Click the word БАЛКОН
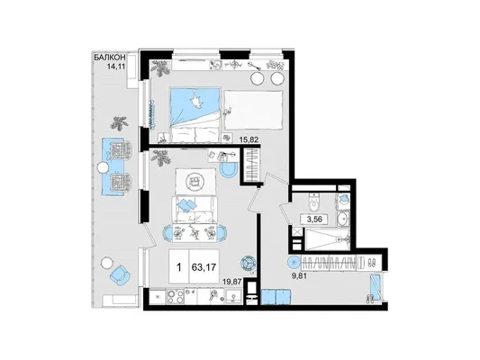tap(109, 58)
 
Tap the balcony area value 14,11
tap(116, 66)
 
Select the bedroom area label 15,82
tap(249, 139)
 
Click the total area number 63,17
tap(204, 267)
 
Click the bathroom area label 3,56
tap(315, 220)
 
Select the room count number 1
tap(179, 267)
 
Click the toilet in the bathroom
tap(314, 202)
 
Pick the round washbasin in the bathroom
tap(343, 219)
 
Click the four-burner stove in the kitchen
tap(176, 296)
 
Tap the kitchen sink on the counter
tap(234, 297)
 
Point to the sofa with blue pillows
tap(195, 210)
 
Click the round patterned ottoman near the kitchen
tap(248, 263)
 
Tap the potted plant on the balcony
tap(119, 123)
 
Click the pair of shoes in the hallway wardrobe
tap(373, 263)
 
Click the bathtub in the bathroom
tap(327, 238)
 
